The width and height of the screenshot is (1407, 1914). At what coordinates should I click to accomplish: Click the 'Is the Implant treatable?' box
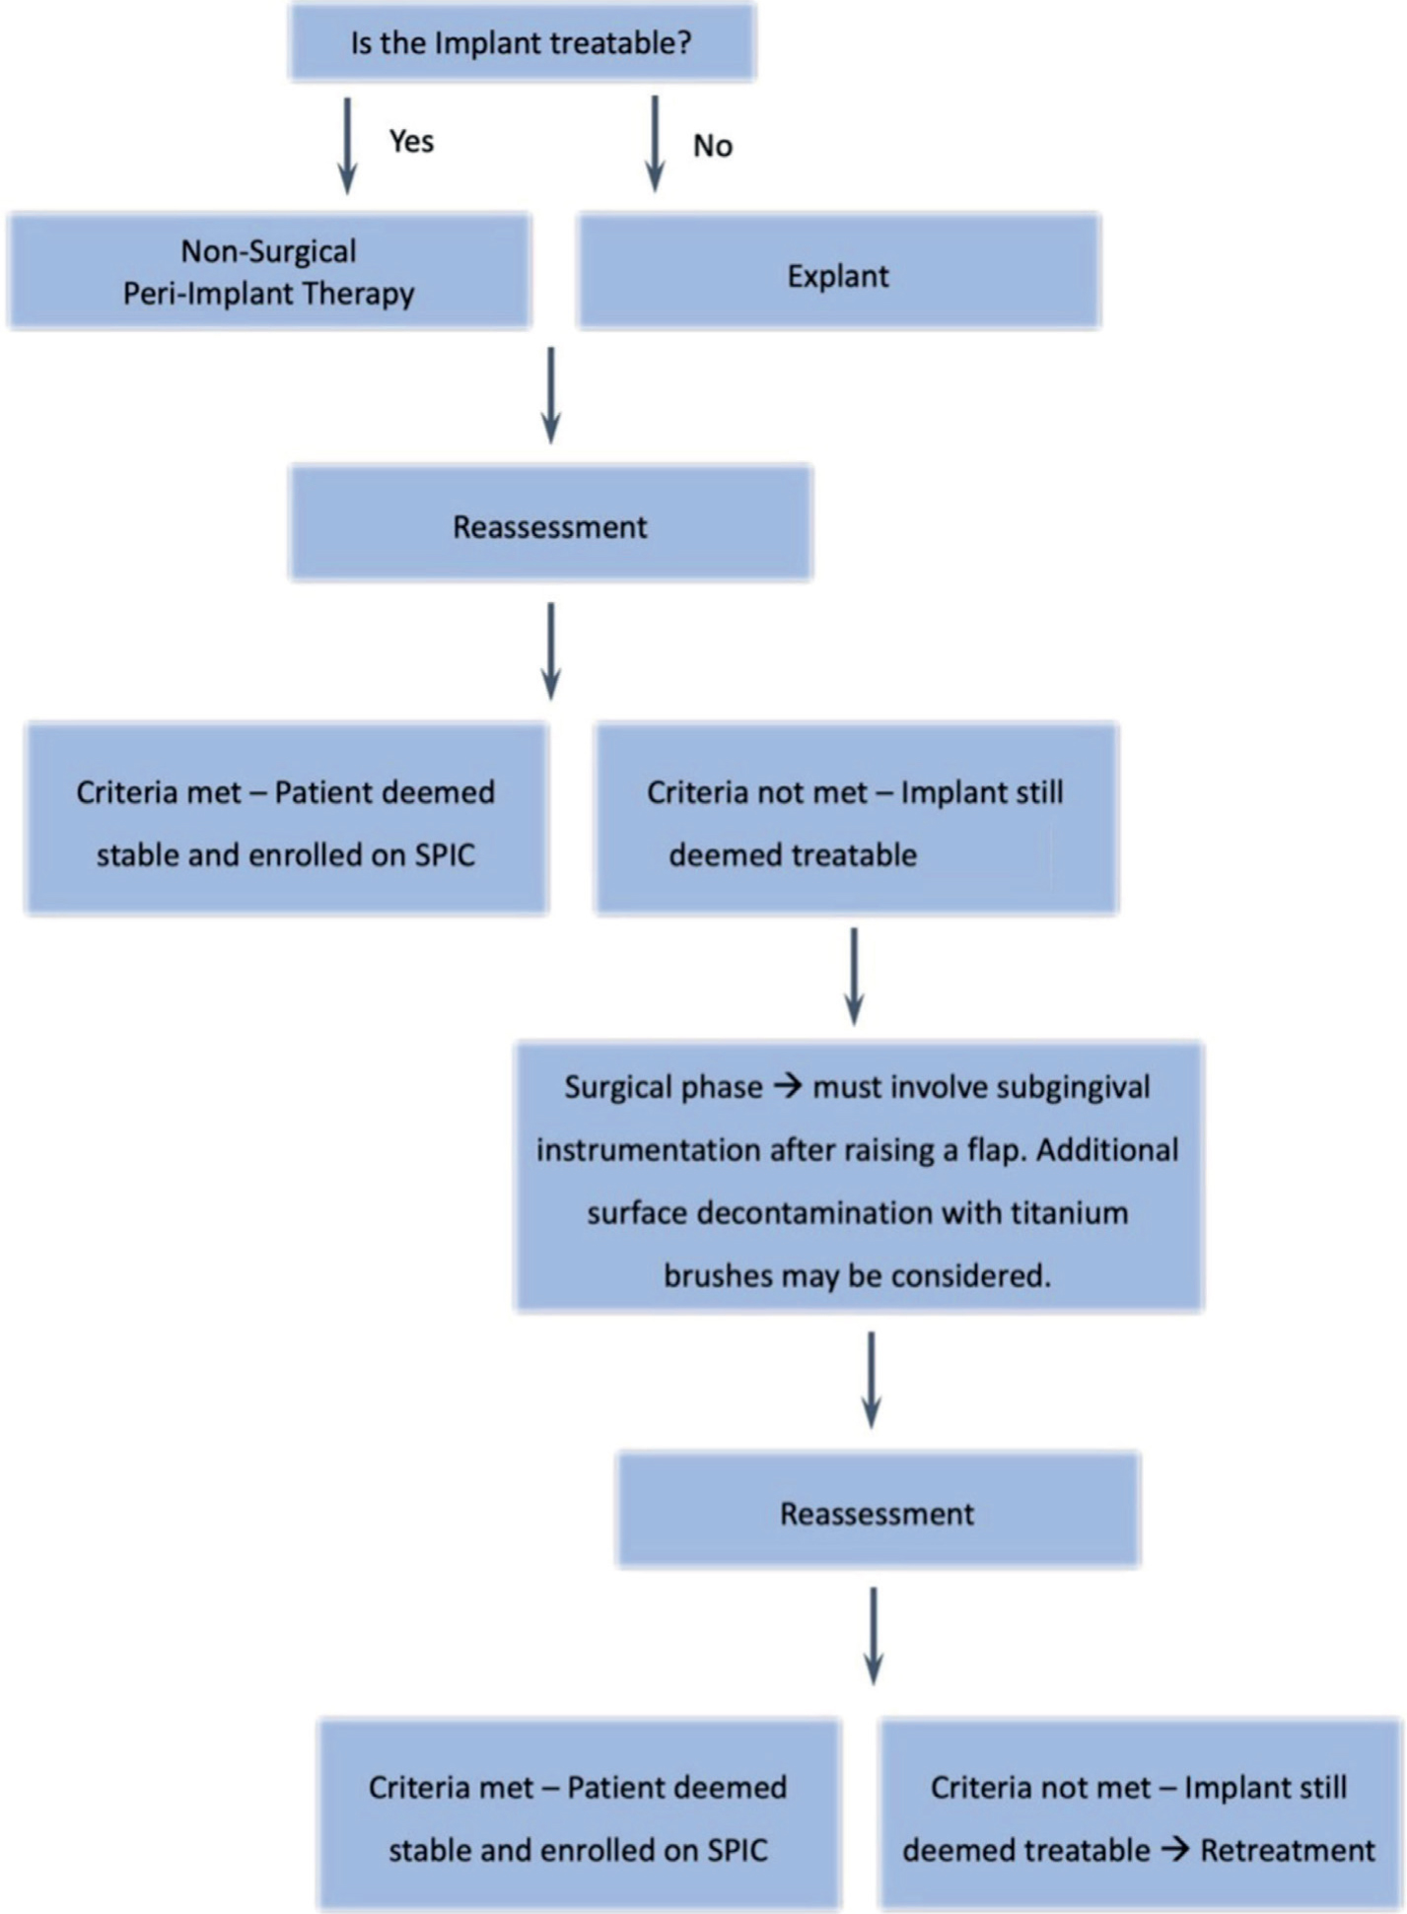click(523, 41)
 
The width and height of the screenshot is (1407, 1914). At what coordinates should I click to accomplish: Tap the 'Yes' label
click(411, 141)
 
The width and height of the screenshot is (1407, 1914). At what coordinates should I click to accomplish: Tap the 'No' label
click(712, 146)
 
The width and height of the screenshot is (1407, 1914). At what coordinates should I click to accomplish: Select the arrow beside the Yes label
click(347, 145)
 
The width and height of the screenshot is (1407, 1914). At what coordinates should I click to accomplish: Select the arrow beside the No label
click(654, 143)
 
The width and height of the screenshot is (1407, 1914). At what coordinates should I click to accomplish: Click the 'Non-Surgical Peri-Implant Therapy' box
click(270, 270)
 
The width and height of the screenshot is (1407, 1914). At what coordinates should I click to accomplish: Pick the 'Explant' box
click(839, 270)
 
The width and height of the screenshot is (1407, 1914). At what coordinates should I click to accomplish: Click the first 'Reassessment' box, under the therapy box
click(551, 522)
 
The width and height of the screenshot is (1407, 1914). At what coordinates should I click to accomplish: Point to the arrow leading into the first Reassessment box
click(551, 395)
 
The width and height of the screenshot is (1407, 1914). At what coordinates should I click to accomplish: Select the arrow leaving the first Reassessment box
click(551, 651)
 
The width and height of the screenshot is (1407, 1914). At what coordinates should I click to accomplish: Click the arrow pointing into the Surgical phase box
click(854, 977)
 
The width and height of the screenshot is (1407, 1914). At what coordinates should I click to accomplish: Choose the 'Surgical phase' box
click(859, 1176)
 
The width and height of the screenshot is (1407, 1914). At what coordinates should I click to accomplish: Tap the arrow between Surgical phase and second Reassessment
click(871, 1380)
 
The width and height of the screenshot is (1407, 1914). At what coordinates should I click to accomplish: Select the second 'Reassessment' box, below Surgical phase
click(879, 1509)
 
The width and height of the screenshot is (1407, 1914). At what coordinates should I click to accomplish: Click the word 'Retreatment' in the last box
click(1288, 1850)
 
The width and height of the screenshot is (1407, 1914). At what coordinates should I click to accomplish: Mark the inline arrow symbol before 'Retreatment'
click(1174, 1850)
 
